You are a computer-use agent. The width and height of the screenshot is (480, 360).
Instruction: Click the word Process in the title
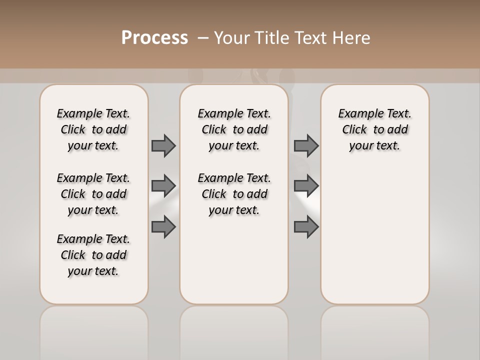pos(154,38)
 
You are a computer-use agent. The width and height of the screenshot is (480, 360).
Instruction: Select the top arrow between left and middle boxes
pos(163,145)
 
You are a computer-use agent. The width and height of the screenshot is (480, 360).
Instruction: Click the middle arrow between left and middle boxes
pos(163,186)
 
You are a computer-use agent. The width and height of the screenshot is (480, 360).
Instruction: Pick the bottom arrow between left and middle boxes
pos(163,227)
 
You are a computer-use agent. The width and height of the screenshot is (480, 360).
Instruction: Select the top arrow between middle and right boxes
pos(306,145)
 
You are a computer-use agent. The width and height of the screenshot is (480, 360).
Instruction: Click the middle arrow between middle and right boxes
pos(306,186)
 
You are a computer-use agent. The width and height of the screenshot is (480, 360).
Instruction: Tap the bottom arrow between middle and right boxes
pos(306,227)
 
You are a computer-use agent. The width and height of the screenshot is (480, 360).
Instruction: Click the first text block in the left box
pos(93,129)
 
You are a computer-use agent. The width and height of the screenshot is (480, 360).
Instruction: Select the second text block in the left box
pos(93,194)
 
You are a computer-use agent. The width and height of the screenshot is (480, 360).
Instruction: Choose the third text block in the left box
pos(93,255)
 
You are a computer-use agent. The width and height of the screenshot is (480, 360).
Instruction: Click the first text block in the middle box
pos(234,129)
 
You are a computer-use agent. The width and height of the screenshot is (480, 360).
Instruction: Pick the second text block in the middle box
pos(234,194)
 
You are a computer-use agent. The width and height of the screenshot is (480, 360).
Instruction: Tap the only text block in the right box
pos(374,129)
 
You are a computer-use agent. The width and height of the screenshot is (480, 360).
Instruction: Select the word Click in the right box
pos(354,130)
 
